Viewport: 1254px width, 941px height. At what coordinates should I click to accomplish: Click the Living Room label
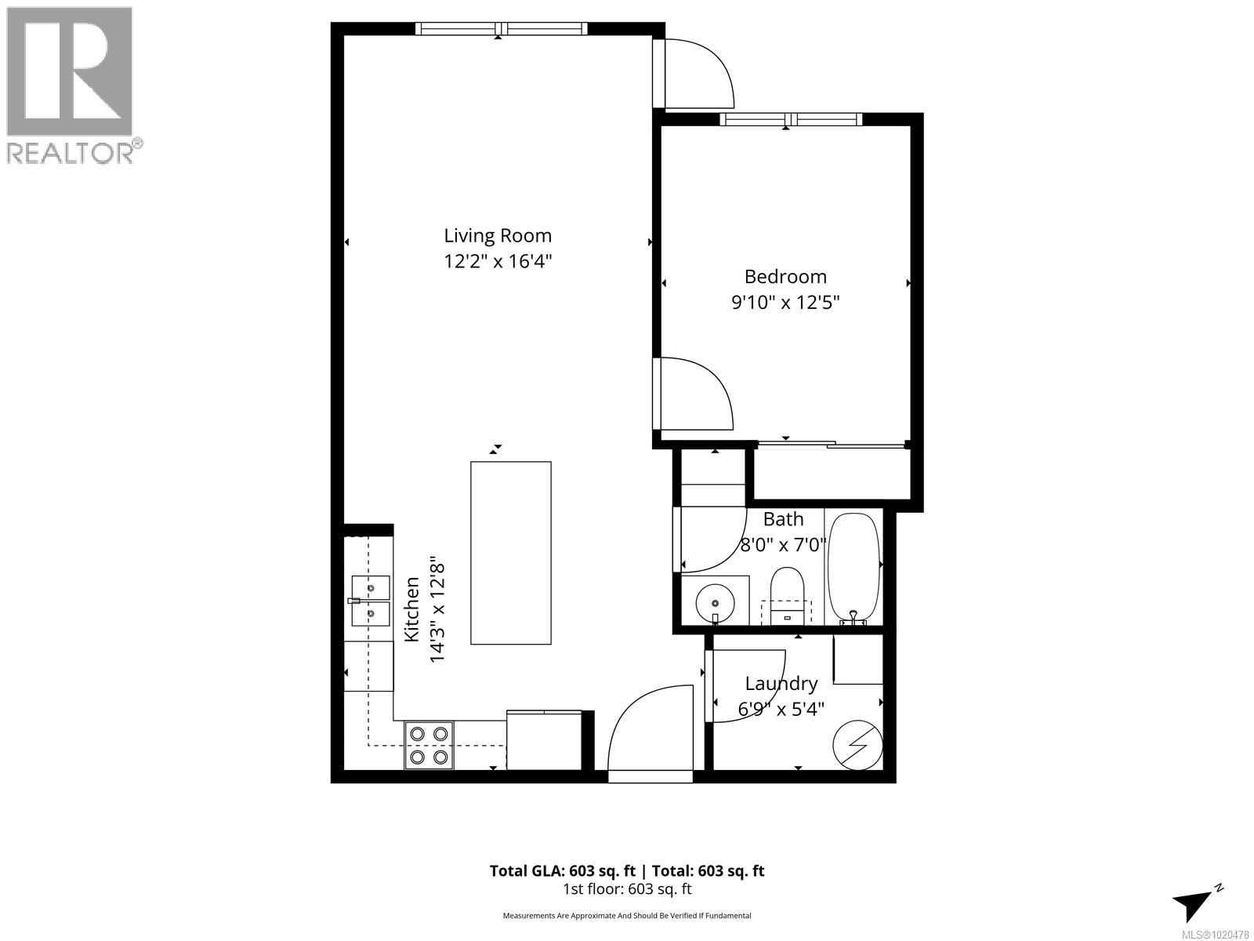[x=498, y=235]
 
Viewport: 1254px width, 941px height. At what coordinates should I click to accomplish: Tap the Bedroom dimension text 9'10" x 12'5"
[x=785, y=302]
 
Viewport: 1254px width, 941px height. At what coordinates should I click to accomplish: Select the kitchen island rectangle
[x=510, y=553]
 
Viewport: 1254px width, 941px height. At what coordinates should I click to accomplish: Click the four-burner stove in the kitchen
[x=429, y=745]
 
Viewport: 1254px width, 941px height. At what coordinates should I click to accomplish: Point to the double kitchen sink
[x=370, y=601]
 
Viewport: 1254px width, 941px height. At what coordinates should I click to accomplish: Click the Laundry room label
[x=781, y=684]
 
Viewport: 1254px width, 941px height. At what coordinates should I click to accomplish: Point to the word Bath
[x=783, y=519]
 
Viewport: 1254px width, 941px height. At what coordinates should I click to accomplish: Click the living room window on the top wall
[x=501, y=29]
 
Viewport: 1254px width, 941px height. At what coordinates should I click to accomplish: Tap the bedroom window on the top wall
[x=791, y=119]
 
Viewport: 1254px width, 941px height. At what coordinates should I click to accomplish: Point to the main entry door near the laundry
[x=649, y=729]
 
